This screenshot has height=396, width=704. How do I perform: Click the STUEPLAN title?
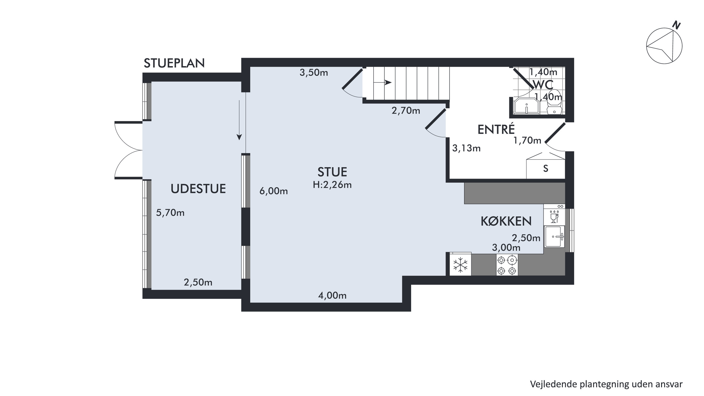(x=174, y=63)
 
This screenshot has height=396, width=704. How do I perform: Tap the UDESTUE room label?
(x=198, y=189)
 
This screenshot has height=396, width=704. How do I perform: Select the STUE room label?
(x=332, y=172)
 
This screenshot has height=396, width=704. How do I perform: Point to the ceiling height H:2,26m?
(x=332, y=185)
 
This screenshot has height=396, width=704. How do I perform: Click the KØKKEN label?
(x=506, y=221)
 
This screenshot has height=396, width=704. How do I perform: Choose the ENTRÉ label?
(x=496, y=129)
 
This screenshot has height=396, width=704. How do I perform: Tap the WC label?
(x=543, y=85)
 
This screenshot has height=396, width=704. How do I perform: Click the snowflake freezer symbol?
(x=460, y=265)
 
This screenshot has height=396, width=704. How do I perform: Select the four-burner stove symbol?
(x=507, y=265)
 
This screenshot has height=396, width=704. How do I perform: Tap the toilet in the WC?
(x=554, y=102)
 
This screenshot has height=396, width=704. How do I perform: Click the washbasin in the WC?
(x=526, y=106)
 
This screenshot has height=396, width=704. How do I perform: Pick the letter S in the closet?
(x=546, y=168)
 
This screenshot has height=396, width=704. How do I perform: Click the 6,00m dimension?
(x=274, y=191)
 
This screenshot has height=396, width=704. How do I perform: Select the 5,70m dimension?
(x=170, y=213)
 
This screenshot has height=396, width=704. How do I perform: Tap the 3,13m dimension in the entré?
(x=466, y=148)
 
